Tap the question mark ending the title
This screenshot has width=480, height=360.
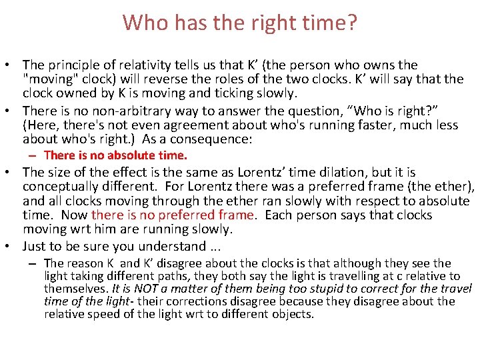click(351, 23)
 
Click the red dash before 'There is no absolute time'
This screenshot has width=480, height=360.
click(32, 155)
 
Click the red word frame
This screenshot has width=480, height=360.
click(236, 215)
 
